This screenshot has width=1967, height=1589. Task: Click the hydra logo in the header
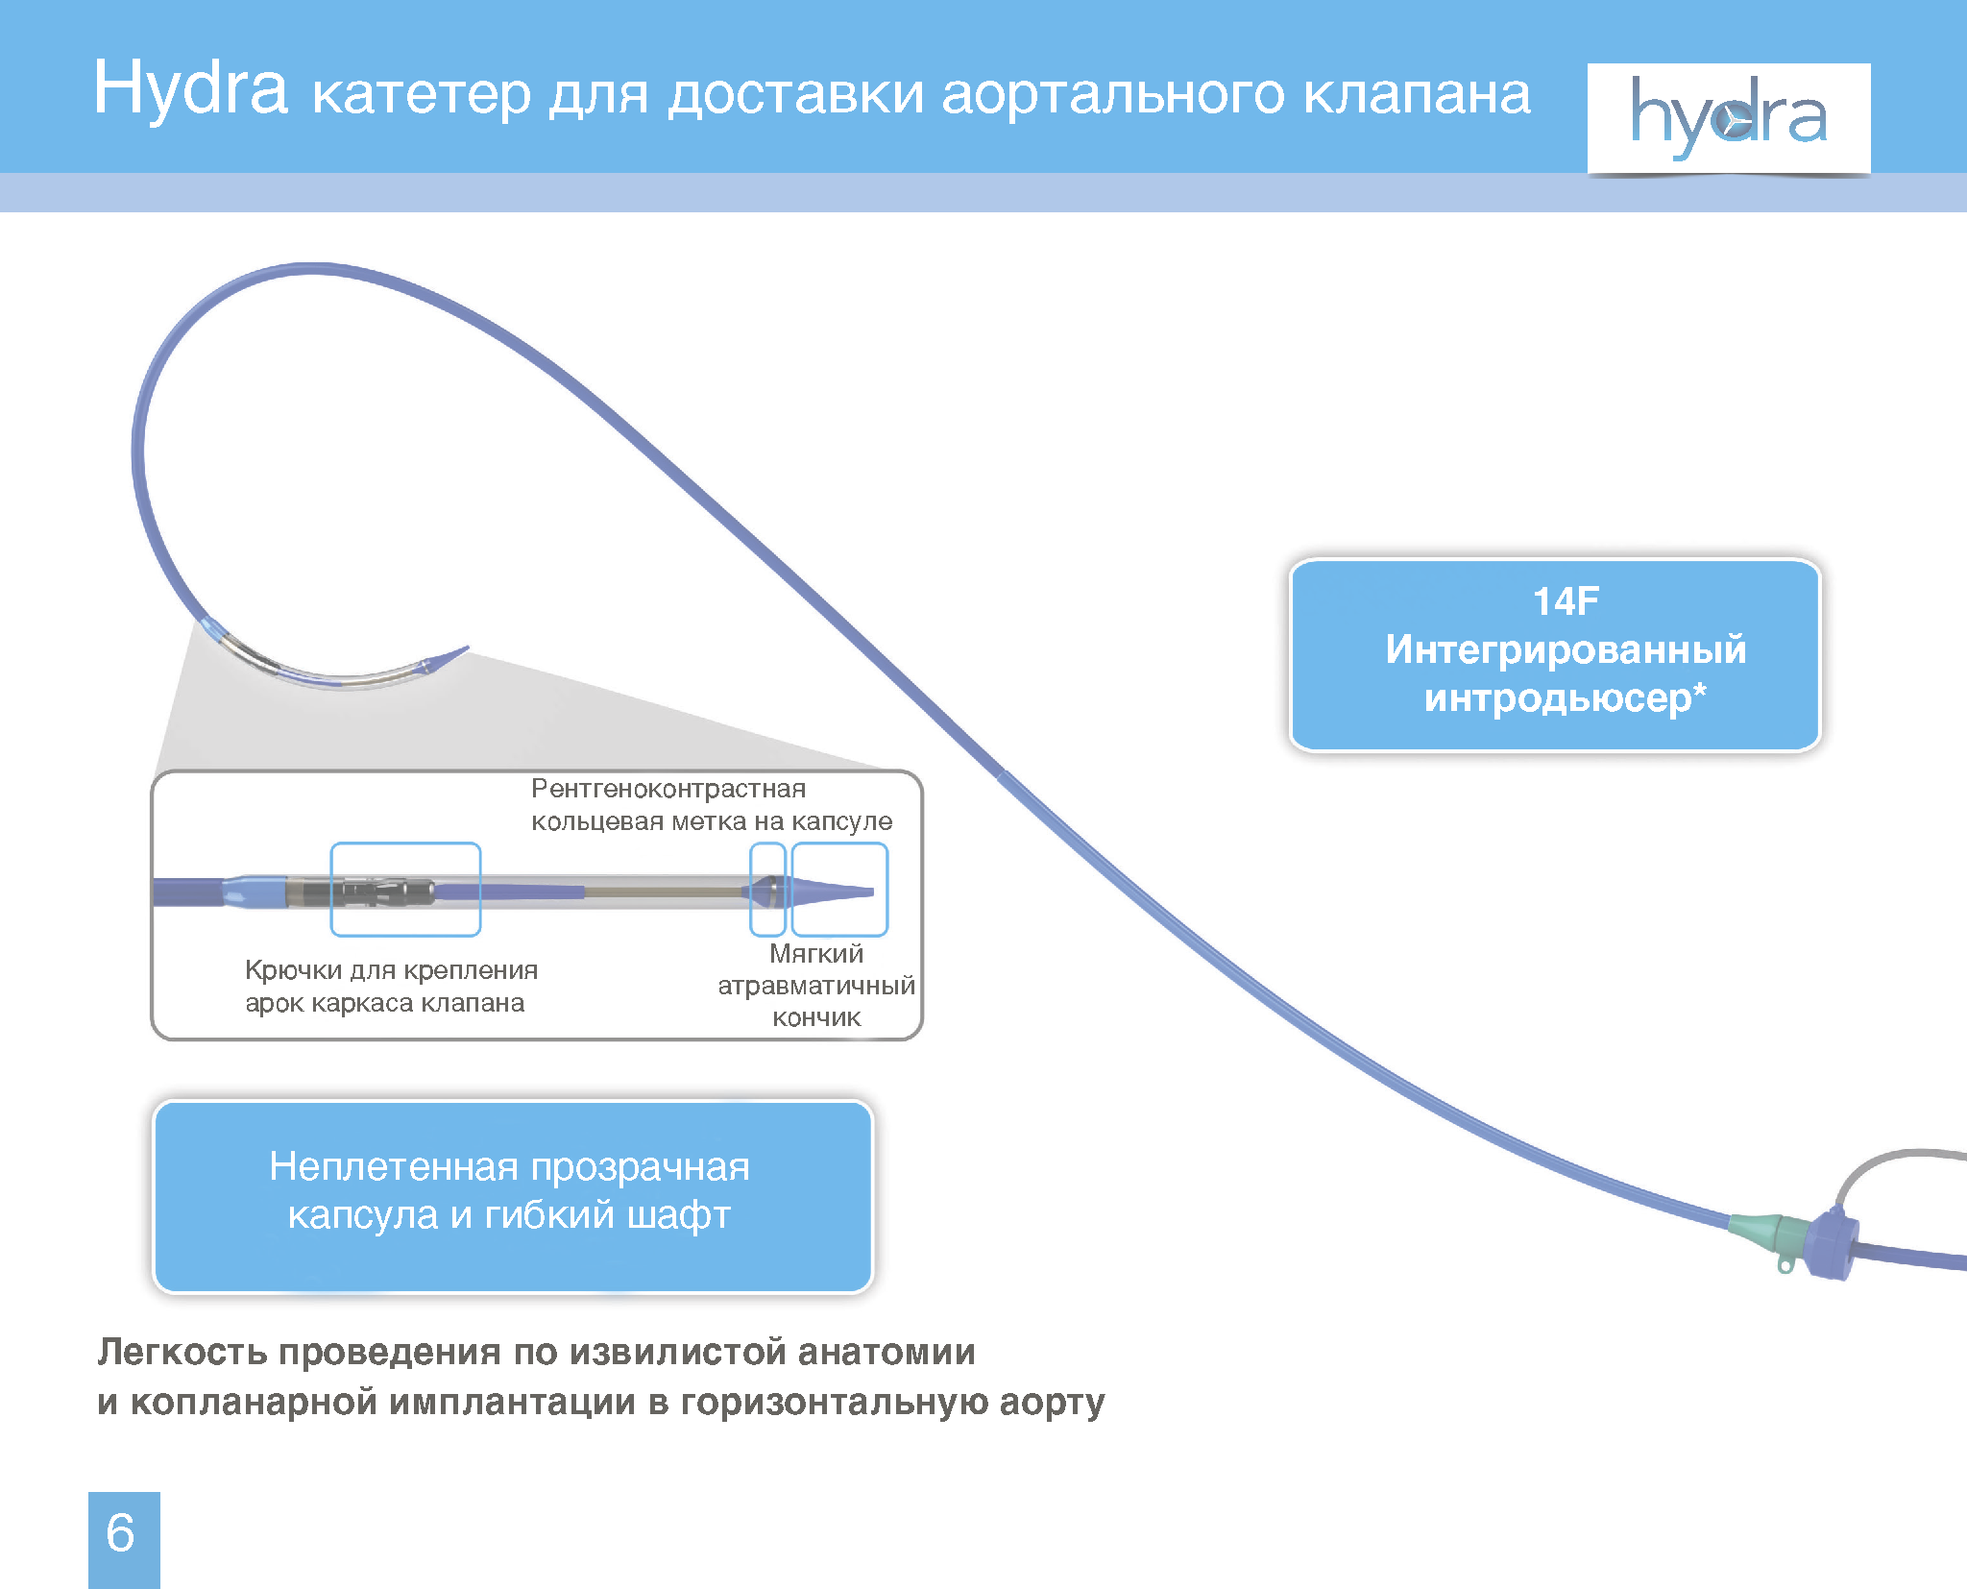point(1729,118)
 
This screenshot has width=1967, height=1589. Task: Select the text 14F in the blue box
point(1566,601)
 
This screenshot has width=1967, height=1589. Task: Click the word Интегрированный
point(1566,650)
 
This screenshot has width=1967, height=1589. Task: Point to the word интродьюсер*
point(1566,698)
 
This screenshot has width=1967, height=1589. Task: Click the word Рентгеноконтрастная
point(668,789)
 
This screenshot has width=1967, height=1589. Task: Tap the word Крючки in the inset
point(293,971)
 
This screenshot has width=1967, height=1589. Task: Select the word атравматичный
point(816,986)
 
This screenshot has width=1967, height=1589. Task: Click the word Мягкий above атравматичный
point(816,954)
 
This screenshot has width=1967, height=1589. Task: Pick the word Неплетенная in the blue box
point(394,1167)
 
